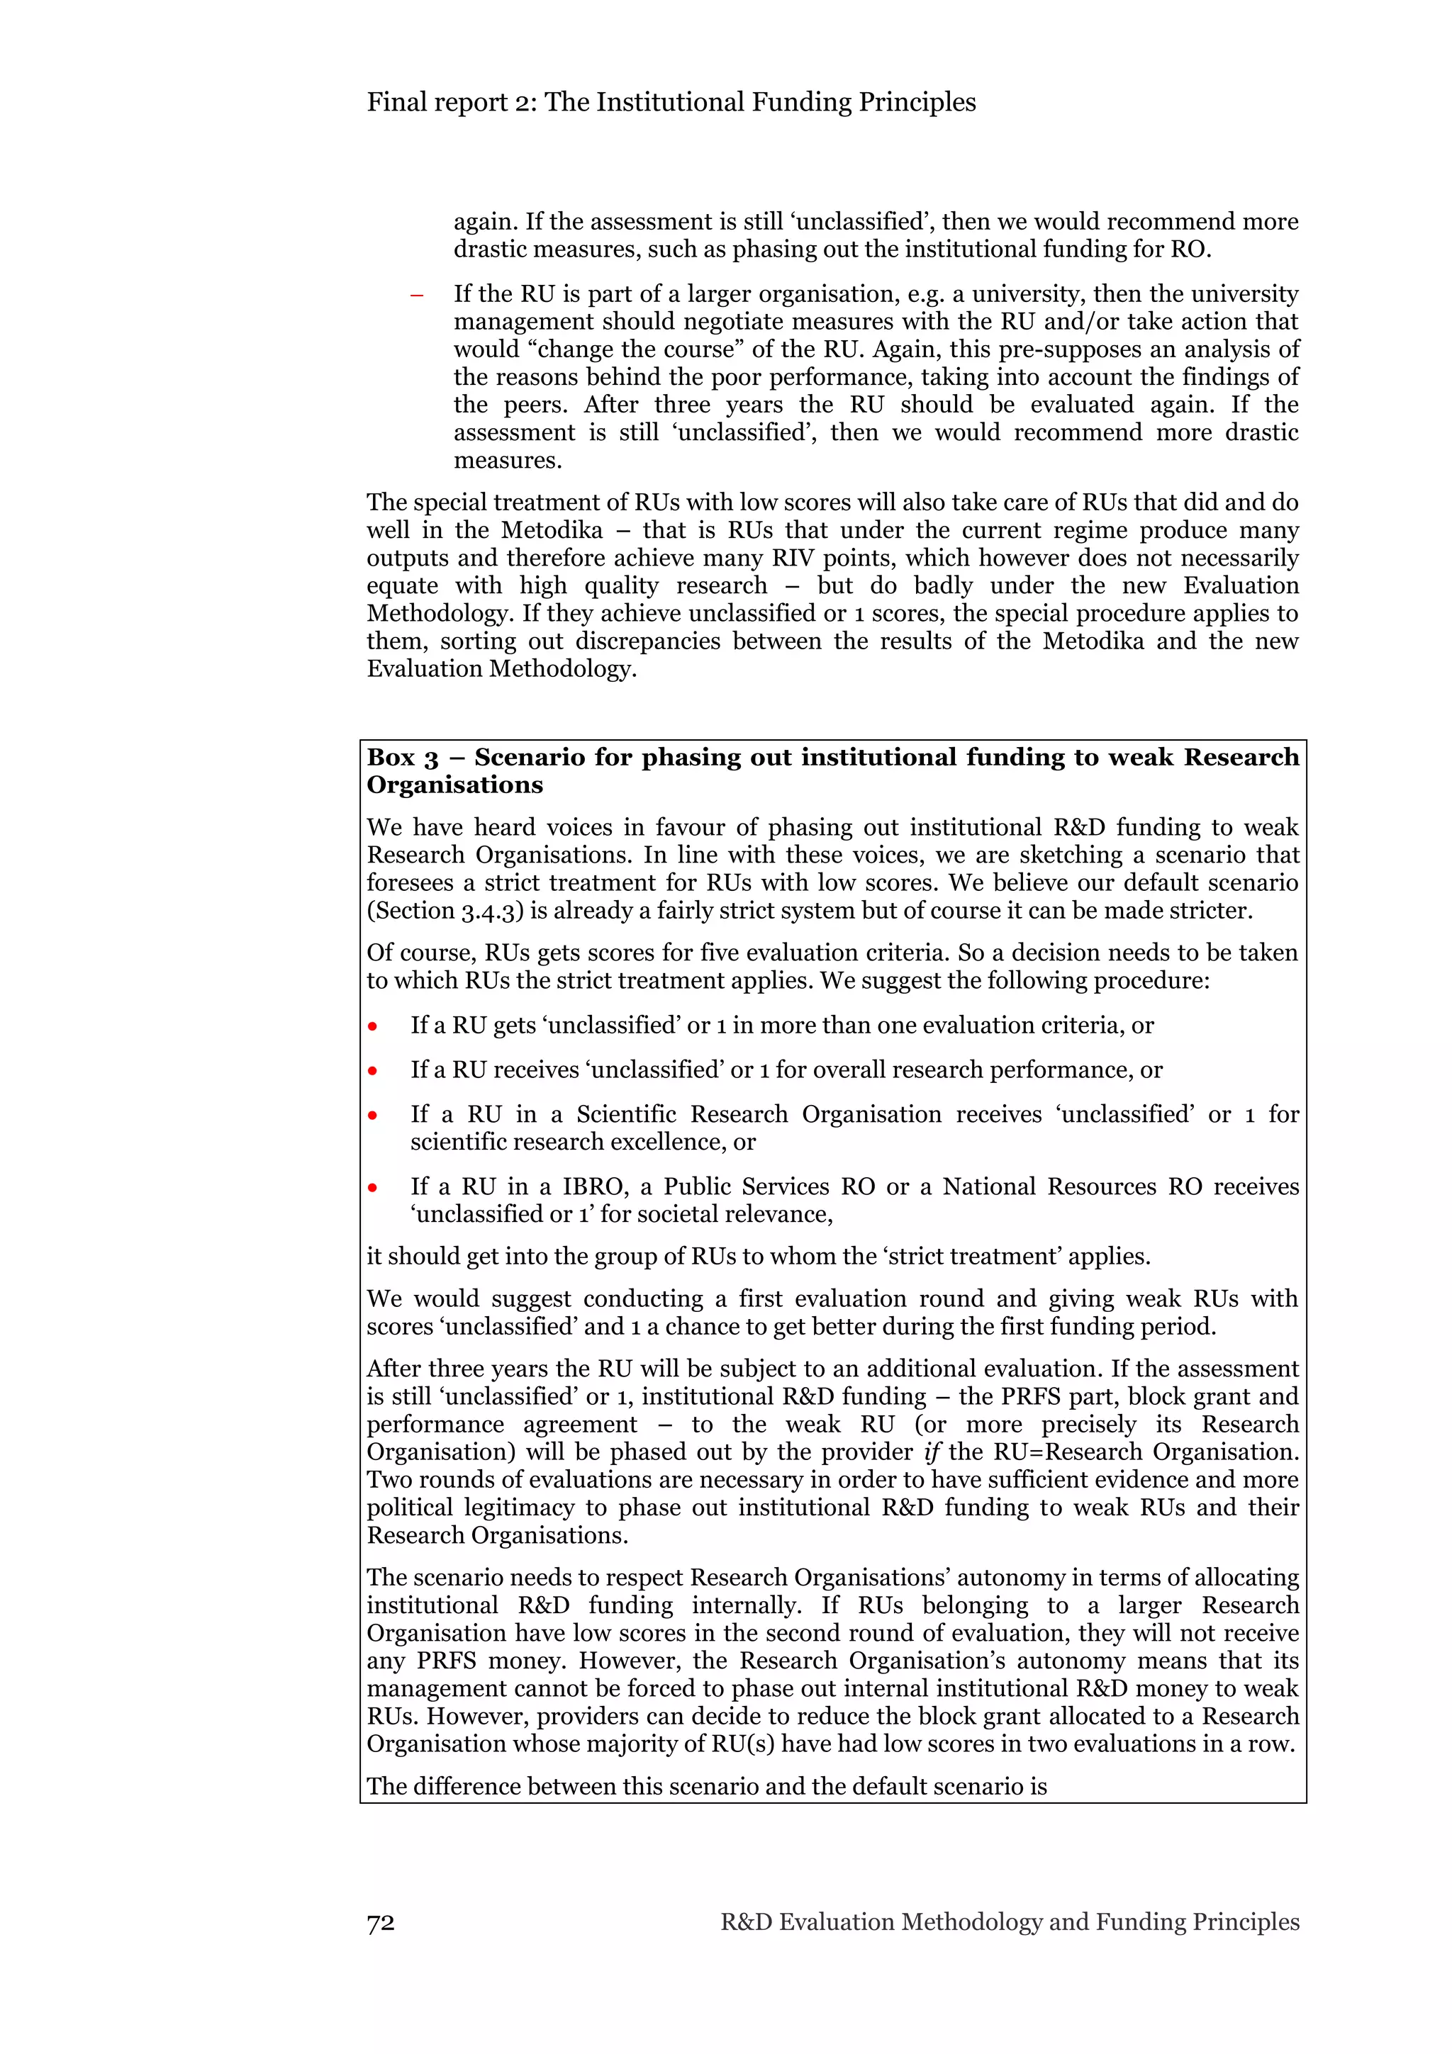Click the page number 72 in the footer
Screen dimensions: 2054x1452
coord(380,1921)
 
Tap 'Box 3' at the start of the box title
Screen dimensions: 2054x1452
coord(403,758)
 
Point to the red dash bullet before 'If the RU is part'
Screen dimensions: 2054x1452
coord(416,296)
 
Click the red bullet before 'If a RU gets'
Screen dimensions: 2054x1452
coord(372,1026)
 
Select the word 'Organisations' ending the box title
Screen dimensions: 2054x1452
coord(454,785)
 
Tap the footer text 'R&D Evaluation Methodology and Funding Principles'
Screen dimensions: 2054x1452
coord(1009,1921)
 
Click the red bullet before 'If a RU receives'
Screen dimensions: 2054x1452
coord(372,1071)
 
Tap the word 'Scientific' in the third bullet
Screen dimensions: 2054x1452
coord(626,1115)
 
